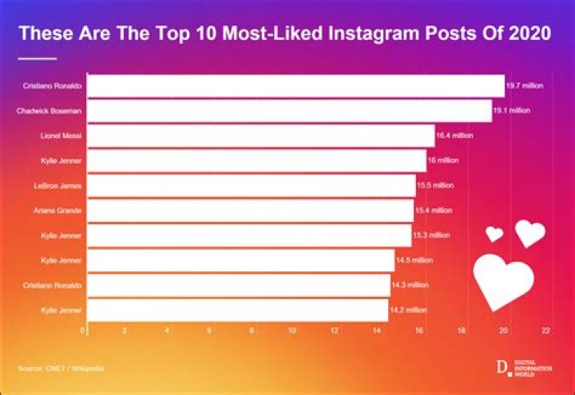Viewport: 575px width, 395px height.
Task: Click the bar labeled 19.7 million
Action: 295,85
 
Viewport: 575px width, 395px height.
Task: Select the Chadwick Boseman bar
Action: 289,110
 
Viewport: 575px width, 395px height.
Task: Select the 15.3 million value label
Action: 432,235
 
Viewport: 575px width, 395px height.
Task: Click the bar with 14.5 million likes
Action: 240,260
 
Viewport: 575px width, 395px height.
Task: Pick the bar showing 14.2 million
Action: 237,310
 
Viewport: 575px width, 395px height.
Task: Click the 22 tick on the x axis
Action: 546,330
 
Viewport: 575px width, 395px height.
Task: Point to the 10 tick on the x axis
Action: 292,330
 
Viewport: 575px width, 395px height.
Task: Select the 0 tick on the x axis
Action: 83,330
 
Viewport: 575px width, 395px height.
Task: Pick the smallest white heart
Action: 495,234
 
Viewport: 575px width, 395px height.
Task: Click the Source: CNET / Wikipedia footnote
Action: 61,368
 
